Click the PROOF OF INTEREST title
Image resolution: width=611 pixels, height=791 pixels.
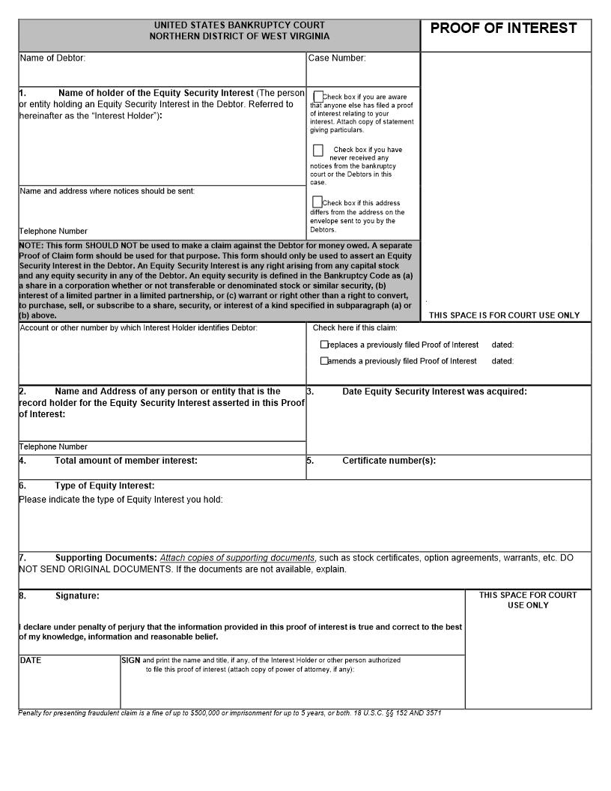coord(503,28)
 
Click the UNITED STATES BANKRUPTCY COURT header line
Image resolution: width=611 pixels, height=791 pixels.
coord(240,25)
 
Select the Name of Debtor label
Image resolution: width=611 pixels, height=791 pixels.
coord(52,58)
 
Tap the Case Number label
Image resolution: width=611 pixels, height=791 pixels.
coord(337,58)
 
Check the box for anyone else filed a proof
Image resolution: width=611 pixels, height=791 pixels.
coord(318,97)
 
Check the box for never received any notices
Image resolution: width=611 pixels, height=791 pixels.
coord(318,150)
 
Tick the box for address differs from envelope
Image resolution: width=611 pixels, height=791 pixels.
coord(317,202)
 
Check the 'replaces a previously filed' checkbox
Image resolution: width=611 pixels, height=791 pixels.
coord(324,345)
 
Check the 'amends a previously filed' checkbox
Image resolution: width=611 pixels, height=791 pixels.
coord(324,361)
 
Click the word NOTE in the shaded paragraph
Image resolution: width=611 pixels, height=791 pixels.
coord(31,246)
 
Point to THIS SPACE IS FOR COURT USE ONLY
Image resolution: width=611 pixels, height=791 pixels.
coord(504,315)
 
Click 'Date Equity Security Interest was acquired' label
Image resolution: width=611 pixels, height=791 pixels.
coord(434,391)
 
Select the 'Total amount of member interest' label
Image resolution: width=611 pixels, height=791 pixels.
coord(126,461)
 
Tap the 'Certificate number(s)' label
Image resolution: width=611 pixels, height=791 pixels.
coord(389,461)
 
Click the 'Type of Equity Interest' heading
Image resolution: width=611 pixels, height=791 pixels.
coord(105,485)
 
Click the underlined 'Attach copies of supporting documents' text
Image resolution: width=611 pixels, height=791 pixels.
coord(237,558)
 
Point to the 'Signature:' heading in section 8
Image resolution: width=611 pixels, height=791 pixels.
coord(77,595)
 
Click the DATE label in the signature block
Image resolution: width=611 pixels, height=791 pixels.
coord(31,661)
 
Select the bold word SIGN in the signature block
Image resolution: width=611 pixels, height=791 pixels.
coord(130,661)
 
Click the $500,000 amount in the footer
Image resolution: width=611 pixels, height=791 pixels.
coord(207,713)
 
